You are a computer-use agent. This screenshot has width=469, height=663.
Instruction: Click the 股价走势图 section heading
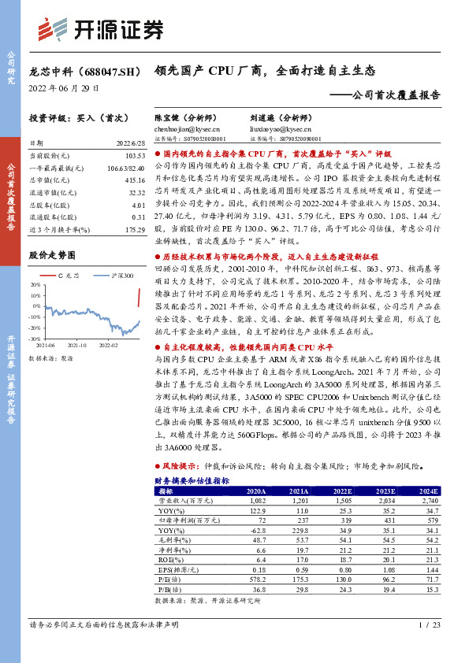pos(52,255)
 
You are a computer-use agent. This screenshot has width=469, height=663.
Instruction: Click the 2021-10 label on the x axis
pos(77,344)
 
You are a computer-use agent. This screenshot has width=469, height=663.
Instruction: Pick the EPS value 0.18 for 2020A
pos(254,569)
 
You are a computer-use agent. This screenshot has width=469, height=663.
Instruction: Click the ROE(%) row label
pos(168,559)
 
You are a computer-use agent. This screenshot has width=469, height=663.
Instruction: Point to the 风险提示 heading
pos(184,467)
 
